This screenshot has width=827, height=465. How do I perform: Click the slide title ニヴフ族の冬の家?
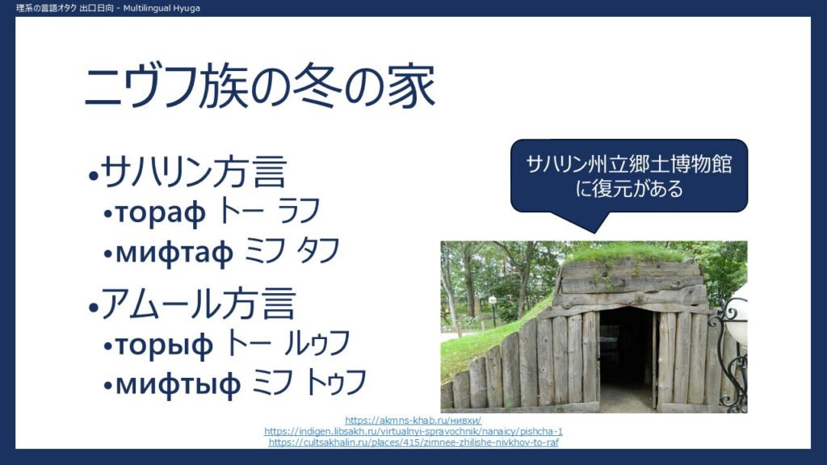point(259,86)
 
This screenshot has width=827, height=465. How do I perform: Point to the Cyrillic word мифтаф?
point(174,253)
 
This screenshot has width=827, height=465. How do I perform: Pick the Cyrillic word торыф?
point(164,345)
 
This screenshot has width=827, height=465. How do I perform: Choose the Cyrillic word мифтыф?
point(178,384)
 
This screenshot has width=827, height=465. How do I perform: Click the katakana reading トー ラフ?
point(269,211)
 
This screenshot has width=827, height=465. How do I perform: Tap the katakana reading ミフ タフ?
point(292,251)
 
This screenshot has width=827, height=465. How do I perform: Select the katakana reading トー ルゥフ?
point(288,343)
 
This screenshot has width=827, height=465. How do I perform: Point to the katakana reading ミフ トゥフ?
point(309,383)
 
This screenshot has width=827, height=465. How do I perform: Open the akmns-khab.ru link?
point(413,420)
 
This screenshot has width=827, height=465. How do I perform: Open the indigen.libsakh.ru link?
point(413,431)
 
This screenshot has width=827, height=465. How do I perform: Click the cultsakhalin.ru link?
point(413,442)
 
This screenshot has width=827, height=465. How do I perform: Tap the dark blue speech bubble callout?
point(628,177)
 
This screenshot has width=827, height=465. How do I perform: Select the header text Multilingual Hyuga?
point(162,8)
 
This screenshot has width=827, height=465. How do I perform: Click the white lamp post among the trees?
point(493,311)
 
